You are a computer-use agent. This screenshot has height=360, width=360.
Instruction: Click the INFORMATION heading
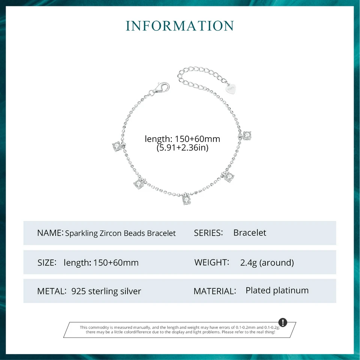(x=180, y=26)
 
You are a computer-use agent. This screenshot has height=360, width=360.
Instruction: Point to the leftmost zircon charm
(x=117, y=145)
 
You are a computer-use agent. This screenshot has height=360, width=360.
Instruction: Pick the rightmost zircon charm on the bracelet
(x=246, y=135)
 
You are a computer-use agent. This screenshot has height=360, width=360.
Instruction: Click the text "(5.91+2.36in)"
(x=182, y=148)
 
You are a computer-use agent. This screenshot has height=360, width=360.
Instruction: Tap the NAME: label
(x=50, y=233)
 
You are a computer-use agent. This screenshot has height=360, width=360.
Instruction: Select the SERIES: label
(x=208, y=233)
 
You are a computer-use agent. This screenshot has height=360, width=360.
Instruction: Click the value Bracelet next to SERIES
(x=250, y=232)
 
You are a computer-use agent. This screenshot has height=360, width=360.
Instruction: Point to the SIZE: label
(x=47, y=262)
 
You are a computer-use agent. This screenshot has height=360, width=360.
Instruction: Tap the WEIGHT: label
(x=211, y=262)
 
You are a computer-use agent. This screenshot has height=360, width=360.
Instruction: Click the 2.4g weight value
(x=249, y=263)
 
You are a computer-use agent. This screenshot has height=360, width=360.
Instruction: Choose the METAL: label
(x=52, y=291)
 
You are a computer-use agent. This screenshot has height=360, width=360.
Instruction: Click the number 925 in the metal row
(x=79, y=291)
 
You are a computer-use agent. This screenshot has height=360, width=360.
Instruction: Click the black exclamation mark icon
(x=283, y=322)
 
